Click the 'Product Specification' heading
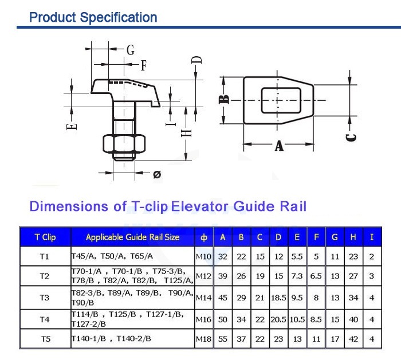(x=93, y=17)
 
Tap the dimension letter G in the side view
(x=131, y=50)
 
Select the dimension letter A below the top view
(x=279, y=146)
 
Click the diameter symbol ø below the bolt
(x=156, y=174)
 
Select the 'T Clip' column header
(x=45, y=237)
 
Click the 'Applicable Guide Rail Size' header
(x=132, y=237)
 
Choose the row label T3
(x=45, y=298)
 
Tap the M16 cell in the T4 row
(x=204, y=319)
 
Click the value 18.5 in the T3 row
(x=278, y=298)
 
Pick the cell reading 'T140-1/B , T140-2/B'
(x=111, y=339)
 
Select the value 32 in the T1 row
(x=223, y=256)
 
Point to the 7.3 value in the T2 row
(x=297, y=276)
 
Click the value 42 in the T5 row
(x=353, y=339)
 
